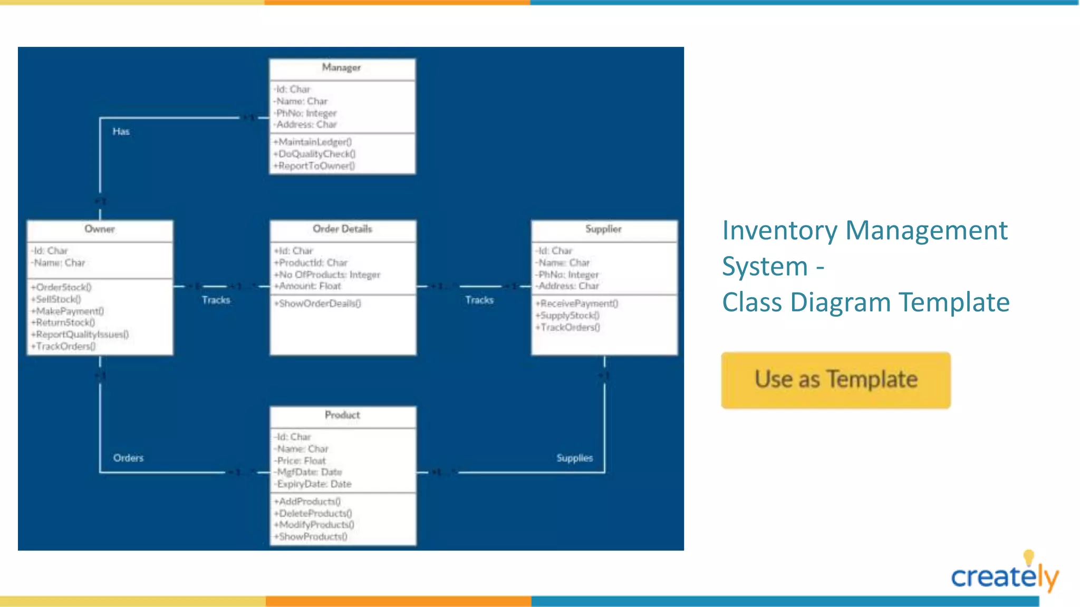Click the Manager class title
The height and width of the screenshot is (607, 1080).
click(341, 67)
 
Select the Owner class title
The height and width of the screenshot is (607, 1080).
click(100, 229)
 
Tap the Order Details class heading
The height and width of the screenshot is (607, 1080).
click(342, 229)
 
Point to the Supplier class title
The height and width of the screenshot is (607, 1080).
click(603, 229)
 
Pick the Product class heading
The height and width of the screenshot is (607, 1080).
click(342, 415)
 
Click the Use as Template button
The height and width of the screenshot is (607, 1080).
click(836, 380)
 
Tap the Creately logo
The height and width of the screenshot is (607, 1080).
click(1004, 575)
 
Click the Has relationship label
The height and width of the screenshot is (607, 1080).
click(121, 132)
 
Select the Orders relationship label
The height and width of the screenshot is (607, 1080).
click(128, 458)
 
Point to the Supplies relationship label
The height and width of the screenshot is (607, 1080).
click(574, 458)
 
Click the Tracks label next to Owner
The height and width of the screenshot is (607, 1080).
click(216, 300)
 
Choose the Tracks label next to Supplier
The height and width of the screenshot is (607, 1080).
click(479, 300)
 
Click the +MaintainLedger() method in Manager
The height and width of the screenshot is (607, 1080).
click(313, 142)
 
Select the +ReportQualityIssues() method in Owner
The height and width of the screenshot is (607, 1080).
click(80, 335)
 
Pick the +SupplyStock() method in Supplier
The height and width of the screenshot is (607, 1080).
click(568, 316)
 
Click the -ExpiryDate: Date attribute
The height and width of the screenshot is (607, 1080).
click(313, 484)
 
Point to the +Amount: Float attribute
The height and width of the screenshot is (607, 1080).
click(308, 286)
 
